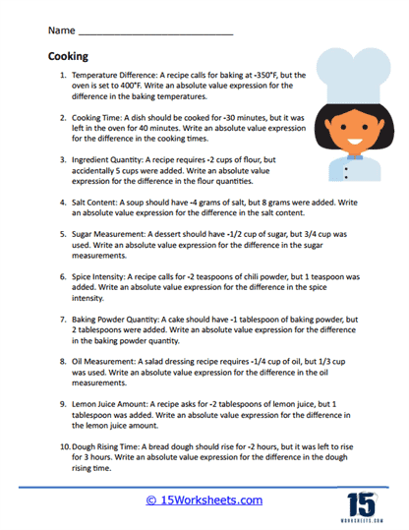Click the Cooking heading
point(67,57)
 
